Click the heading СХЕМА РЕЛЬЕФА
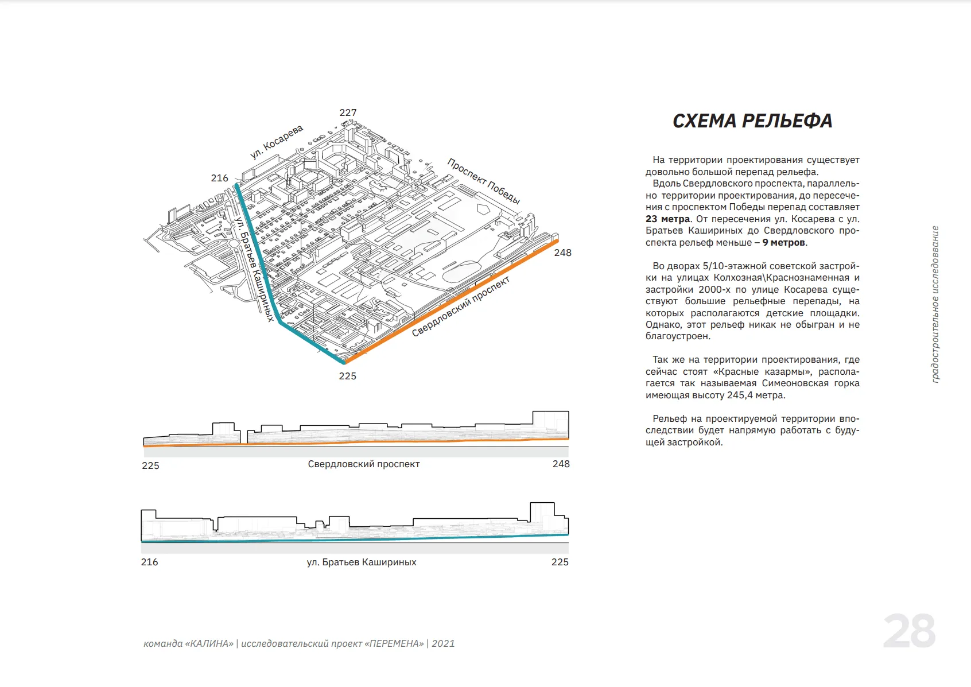pos(752,121)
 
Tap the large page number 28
pos(909,631)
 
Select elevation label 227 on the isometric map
pos(348,112)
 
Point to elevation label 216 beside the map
pos(219,178)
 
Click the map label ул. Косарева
pos(276,142)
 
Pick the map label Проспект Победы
pos(483,181)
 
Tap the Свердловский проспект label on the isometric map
pos(461,306)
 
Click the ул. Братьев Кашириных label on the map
pos(254,269)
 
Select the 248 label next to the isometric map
pos(562,253)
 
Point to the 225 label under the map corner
pos(347,376)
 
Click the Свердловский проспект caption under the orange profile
pos(363,464)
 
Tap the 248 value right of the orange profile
pos(561,464)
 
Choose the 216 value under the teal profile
pos(149,562)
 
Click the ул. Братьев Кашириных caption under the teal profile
pos(362,562)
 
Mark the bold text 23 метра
pos(667,219)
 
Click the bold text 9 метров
pos(783,242)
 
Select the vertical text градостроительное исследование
pos(935,304)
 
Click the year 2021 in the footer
pos(443,643)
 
